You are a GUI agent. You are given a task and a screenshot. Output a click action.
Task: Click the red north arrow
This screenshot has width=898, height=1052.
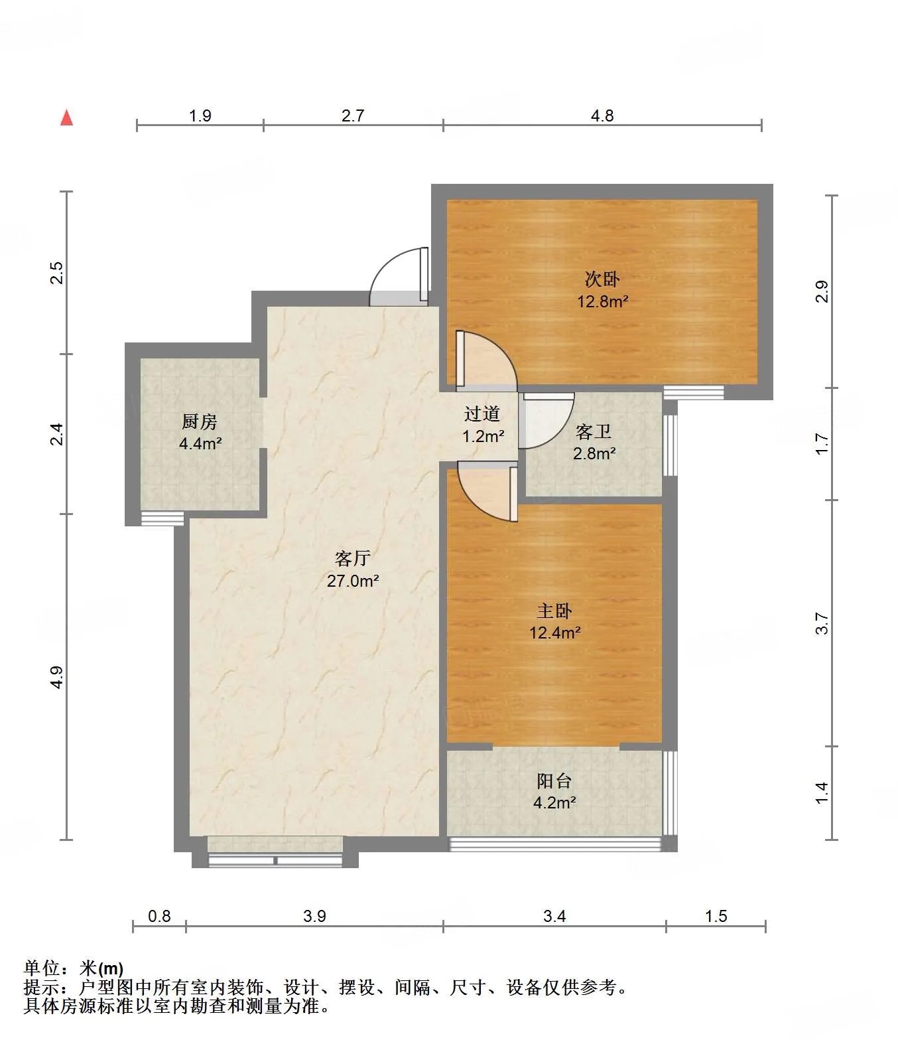(66, 117)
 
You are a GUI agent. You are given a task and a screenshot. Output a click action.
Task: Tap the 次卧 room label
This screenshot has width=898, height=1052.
(602, 279)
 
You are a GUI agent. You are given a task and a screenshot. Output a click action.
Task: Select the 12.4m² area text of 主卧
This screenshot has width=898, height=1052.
(555, 633)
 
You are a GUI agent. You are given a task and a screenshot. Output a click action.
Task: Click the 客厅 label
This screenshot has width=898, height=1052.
(353, 558)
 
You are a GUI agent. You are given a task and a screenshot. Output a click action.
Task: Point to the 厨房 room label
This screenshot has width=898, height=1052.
(200, 421)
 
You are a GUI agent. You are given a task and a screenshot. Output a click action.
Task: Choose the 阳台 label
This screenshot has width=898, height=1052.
(554, 781)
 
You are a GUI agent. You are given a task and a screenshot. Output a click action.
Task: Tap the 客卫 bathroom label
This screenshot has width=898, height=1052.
(594, 432)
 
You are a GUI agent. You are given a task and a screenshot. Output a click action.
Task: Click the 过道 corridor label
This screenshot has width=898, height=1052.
(482, 414)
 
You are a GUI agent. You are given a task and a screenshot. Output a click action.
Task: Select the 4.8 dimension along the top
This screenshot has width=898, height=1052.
(602, 115)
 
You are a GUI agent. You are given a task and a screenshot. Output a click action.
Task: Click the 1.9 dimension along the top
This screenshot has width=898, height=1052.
(200, 115)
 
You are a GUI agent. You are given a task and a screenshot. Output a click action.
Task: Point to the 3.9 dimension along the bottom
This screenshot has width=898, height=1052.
(314, 916)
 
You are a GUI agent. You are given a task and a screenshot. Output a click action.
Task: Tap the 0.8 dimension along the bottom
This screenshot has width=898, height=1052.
(159, 916)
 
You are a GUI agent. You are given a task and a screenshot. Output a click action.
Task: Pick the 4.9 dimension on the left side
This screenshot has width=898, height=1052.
(57, 676)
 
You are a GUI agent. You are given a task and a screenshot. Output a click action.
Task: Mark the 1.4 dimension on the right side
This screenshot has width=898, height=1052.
(822, 792)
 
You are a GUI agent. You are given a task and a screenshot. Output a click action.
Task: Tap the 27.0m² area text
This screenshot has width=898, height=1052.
(353, 581)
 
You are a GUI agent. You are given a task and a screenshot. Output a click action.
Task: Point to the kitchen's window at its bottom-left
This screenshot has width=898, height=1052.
(162, 518)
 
